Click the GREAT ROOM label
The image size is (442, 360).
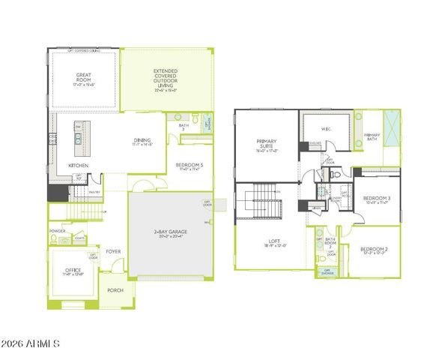tap(83, 75)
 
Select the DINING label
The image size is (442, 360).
tap(142, 140)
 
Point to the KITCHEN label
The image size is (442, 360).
tap(79, 166)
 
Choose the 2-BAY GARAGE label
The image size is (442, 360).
tap(170, 233)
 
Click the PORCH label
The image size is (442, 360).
tap(115, 289)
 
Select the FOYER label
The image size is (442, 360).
tap(113, 251)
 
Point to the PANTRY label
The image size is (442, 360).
tap(94, 192)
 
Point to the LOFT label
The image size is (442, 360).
tap(273, 241)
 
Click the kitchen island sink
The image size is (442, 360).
tap(77, 139)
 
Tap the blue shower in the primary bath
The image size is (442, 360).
tap(390, 121)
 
